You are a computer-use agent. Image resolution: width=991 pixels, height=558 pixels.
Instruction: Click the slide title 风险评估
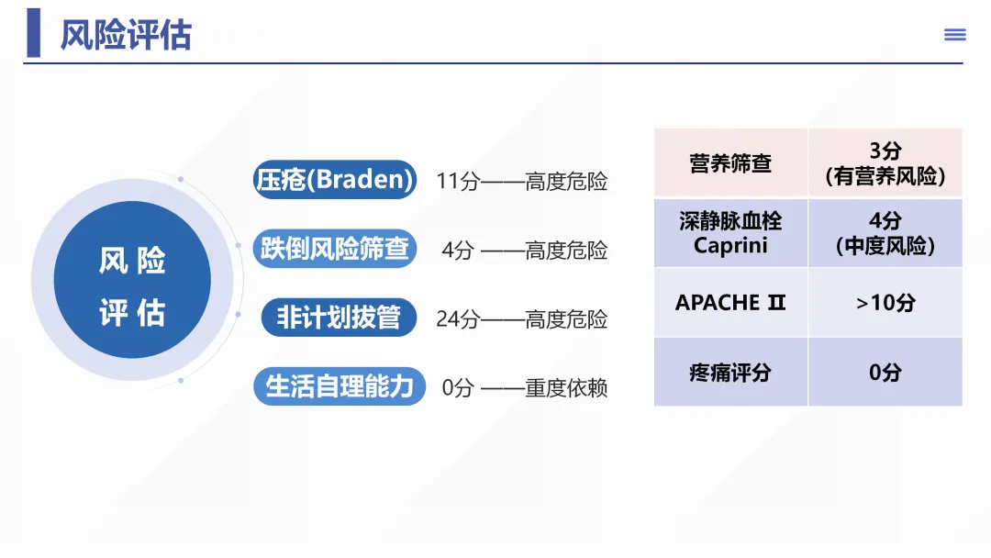(x=126, y=34)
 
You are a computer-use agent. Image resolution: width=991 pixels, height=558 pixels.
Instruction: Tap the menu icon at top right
(x=955, y=35)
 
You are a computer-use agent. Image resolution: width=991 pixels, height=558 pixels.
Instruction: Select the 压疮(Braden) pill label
(x=334, y=179)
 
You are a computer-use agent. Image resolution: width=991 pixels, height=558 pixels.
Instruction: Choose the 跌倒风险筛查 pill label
(x=334, y=249)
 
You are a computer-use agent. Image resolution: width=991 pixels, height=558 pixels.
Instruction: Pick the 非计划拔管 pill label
(x=339, y=318)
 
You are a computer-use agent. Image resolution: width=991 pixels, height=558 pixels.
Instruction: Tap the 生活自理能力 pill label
(x=340, y=386)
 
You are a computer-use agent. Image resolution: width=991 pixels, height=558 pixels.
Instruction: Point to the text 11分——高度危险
(x=521, y=182)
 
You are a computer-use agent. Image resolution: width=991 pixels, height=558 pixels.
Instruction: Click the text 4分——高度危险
(x=524, y=251)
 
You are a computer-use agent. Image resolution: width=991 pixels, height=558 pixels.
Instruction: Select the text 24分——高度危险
(x=521, y=319)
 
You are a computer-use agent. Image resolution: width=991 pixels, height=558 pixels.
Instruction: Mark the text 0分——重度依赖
(x=524, y=388)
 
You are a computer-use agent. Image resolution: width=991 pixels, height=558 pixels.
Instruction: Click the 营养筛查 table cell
(x=730, y=163)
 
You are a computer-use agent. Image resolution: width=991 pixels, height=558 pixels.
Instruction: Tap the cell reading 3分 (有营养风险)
(x=885, y=163)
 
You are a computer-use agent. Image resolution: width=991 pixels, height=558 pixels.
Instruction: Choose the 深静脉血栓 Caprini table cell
(x=730, y=233)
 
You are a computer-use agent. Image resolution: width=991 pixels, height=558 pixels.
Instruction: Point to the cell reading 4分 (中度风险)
(x=885, y=233)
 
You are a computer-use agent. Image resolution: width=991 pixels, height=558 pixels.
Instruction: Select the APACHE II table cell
(x=730, y=302)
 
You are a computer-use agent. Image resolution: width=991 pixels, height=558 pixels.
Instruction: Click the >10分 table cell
(x=885, y=302)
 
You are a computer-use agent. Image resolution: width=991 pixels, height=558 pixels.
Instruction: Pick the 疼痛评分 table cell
(x=730, y=372)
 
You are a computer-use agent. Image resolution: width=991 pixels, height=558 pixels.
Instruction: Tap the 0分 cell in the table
(x=885, y=372)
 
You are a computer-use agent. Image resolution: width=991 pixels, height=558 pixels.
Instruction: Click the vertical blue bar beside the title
(x=34, y=33)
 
